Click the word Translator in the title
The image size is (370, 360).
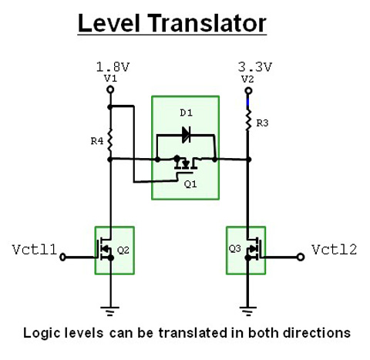pyautogui.click(x=207, y=23)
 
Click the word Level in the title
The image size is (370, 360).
pyautogui.click(x=109, y=23)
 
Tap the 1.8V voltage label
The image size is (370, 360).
pyautogui.click(x=113, y=67)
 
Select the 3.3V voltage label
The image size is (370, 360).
pyautogui.click(x=254, y=67)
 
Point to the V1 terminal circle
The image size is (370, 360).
pyautogui.click(x=110, y=89)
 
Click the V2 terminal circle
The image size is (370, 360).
pyautogui.click(x=248, y=91)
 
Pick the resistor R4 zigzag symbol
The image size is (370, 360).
pyautogui.click(x=110, y=140)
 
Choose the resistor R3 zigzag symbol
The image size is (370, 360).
pyautogui.click(x=248, y=120)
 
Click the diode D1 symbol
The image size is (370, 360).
pyautogui.click(x=186, y=135)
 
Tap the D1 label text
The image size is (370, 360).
pyautogui.click(x=187, y=113)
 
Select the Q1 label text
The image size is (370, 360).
pyautogui.click(x=190, y=184)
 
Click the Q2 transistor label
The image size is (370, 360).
pyautogui.click(x=123, y=250)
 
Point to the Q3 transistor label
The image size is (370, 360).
pyautogui.click(x=235, y=248)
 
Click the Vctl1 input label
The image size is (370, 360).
pyautogui.click(x=35, y=250)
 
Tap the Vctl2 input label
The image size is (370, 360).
pyautogui.click(x=335, y=250)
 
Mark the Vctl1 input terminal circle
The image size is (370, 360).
pyautogui.click(x=62, y=257)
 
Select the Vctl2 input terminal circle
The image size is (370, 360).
pyautogui.click(x=301, y=257)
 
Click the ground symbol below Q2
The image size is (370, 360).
pyautogui.click(x=110, y=311)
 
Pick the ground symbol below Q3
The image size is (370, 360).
pyautogui.click(x=248, y=311)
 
